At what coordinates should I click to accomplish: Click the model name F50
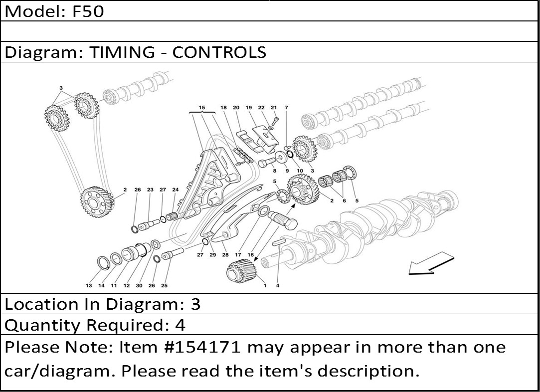pyautogui.click(x=88, y=11)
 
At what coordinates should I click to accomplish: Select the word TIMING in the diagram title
pyautogui.click(x=122, y=52)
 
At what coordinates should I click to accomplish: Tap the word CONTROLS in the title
pyautogui.click(x=219, y=52)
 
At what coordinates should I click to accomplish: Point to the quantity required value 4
pyautogui.click(x=180, y=325)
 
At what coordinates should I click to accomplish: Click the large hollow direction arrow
pyautogui.click(x=431, y=263)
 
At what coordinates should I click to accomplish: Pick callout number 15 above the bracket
pyautogui.click(x=202, y=107)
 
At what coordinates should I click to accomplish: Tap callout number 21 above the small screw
pyautogui.click(x=274, y=107)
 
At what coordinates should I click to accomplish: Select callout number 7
pyautogui.click(x=286, y=107)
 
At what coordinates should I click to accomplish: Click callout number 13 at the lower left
pyautogui.click(x=89, y=285)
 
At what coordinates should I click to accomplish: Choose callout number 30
pyautogui.click(x=139, y=285)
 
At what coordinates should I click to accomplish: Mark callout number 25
pyautogui.click(x=164, y=285)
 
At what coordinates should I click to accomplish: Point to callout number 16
pyautogui.click(x=251, y=255)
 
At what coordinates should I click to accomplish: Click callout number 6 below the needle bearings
pyautogui.click(x=344, y=200)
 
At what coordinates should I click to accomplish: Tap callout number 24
pyautogui.click(x=176, y=190)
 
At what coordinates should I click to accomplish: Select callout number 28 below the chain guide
pyautogui.click(x=225, y=255)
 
